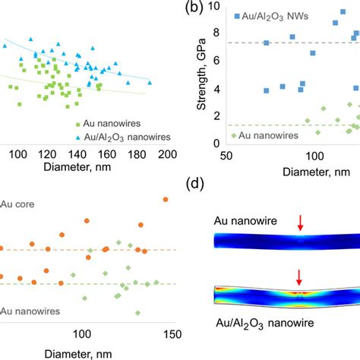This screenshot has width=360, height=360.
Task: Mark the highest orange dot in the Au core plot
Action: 166,199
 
